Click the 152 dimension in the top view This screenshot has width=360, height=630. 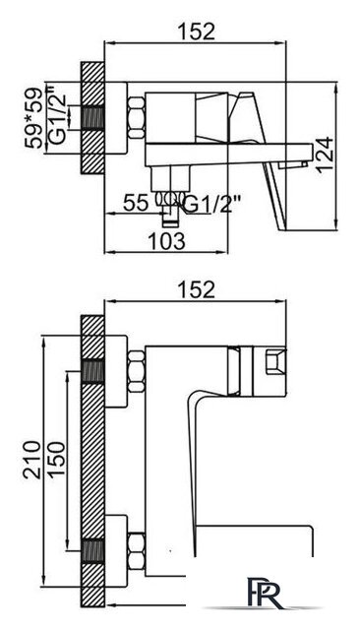point(197,31)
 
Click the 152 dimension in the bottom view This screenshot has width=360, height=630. point(197,289)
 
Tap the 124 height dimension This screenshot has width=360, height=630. point(325,155)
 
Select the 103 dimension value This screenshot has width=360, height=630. point(167,241)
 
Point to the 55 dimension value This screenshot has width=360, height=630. point(136,203)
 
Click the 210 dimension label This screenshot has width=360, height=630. point(32,460)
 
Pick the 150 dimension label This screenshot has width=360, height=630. point(56,460)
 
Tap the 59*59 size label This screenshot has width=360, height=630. point(33,118)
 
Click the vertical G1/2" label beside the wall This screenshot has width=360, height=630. point(57,115)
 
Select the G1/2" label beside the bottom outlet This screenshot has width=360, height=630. point(211,205)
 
